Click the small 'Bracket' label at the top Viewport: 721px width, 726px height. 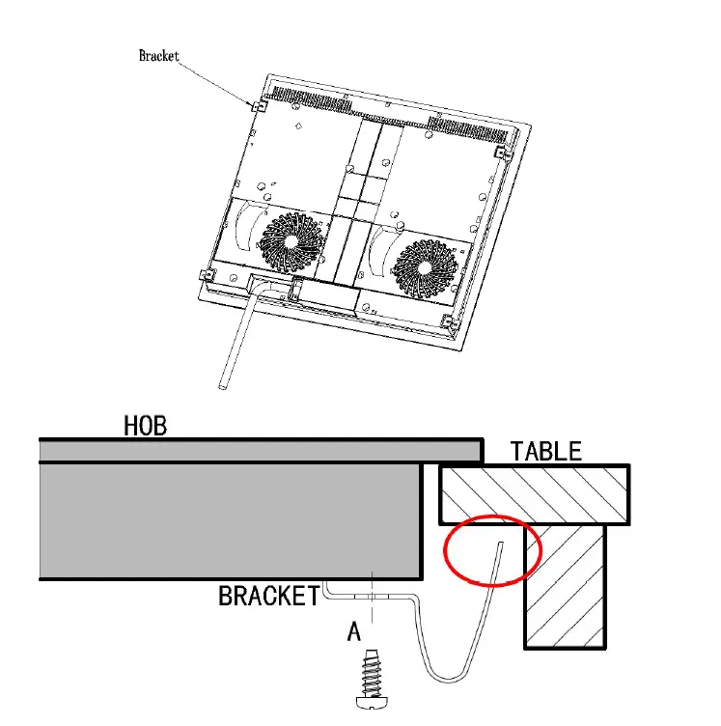[159, 57]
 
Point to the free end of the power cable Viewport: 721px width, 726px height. [223, 384]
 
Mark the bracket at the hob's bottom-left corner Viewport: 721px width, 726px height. [203, 274]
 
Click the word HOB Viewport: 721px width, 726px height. [145, 426]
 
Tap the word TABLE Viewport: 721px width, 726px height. [546, 451]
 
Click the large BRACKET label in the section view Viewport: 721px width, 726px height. [268, 596]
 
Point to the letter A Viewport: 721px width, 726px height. [354, 632]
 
